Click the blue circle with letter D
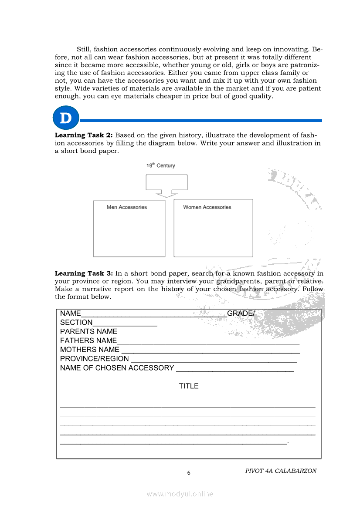click(x=66, y=118)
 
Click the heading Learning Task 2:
click(x=84, y=135)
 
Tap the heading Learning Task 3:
click(x=84, y=273)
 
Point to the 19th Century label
click(x=160, y=165)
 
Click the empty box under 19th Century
click(x=166, y=182)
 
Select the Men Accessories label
click(x=127, y=207)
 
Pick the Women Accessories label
click(x=207, y=207)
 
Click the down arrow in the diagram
click(x=166, y=194)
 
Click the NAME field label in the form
click(x=71, y=313)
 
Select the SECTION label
click(x=76, y=323)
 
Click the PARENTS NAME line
click(x=88, y=332)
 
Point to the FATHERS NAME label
click(x=88, y=340)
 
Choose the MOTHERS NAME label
click(x=90, y=350)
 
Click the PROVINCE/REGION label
click(x=95, y=359)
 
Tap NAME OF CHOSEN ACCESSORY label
click(x=117, y=368)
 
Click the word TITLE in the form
click(x=189, y=386)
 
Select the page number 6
click(x=189, y=473)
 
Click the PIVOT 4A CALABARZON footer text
click(x=281, y=471)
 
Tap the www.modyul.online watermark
click(x=180, y=494)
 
